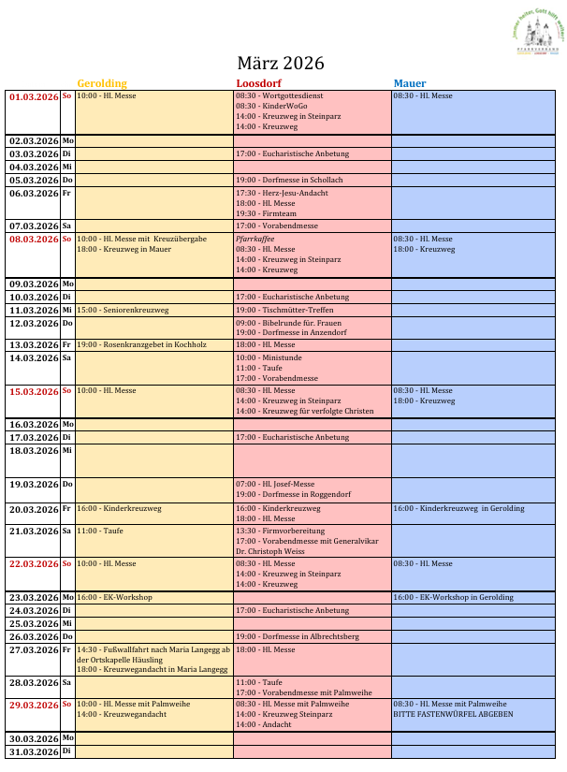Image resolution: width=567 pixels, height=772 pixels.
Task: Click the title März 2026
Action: tap(280, 64)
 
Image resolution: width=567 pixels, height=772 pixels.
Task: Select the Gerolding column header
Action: tap(102, 83)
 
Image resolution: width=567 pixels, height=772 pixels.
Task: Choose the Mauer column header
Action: tap(410, 83)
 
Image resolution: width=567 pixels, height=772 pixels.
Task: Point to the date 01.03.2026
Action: tap(34, 96)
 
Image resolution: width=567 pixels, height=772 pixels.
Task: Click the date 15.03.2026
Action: tap(34, 391)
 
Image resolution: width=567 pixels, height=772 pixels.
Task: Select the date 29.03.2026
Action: tap(34, 705)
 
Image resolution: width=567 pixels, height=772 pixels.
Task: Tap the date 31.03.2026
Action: tap(34, 751)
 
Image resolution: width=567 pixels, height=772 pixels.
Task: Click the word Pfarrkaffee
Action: tap(255, 239)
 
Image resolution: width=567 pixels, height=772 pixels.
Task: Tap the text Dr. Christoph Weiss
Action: tap(270, 550)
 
